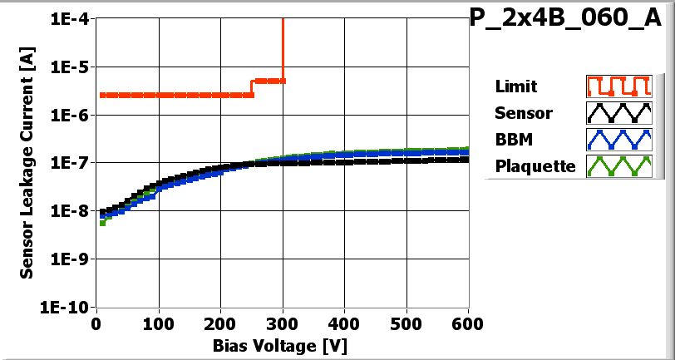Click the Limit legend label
[515, 86]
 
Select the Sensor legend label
[523, 113]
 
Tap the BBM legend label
[513, 139]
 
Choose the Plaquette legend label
[535, 166]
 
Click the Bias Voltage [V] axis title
[283, 343]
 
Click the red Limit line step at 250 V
[252, 87]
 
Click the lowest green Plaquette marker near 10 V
[102, 223]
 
